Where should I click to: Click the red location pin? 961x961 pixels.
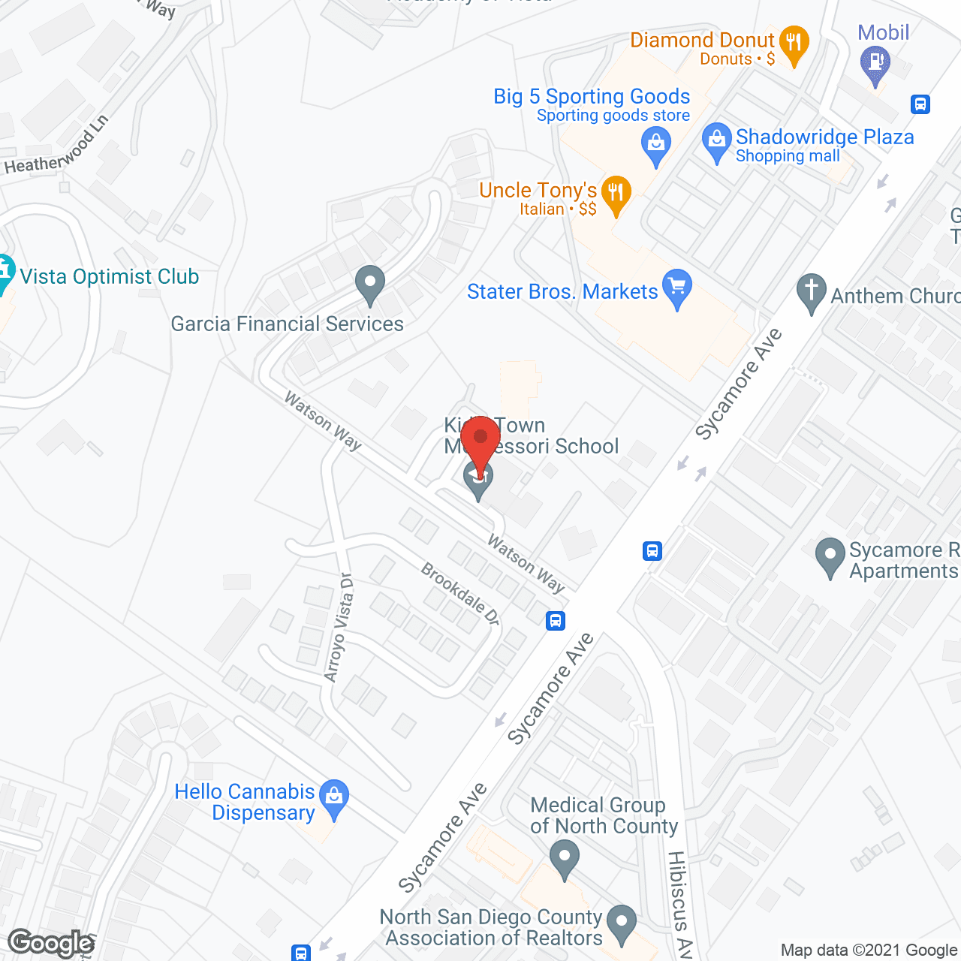(x=480, y=441)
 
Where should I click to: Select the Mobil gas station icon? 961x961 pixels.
(x=875, y=62)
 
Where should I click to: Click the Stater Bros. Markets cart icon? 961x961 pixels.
(x=677, y=288)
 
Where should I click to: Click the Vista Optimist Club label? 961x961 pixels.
(x=110, y=277)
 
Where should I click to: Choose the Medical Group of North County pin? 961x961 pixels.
(x=564, y=858)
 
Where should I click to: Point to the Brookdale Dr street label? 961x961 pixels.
(x=460, y=594)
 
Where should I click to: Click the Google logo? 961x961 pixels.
(x=51, y=943)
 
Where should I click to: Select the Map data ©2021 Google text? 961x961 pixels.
(x=869, y=950)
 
